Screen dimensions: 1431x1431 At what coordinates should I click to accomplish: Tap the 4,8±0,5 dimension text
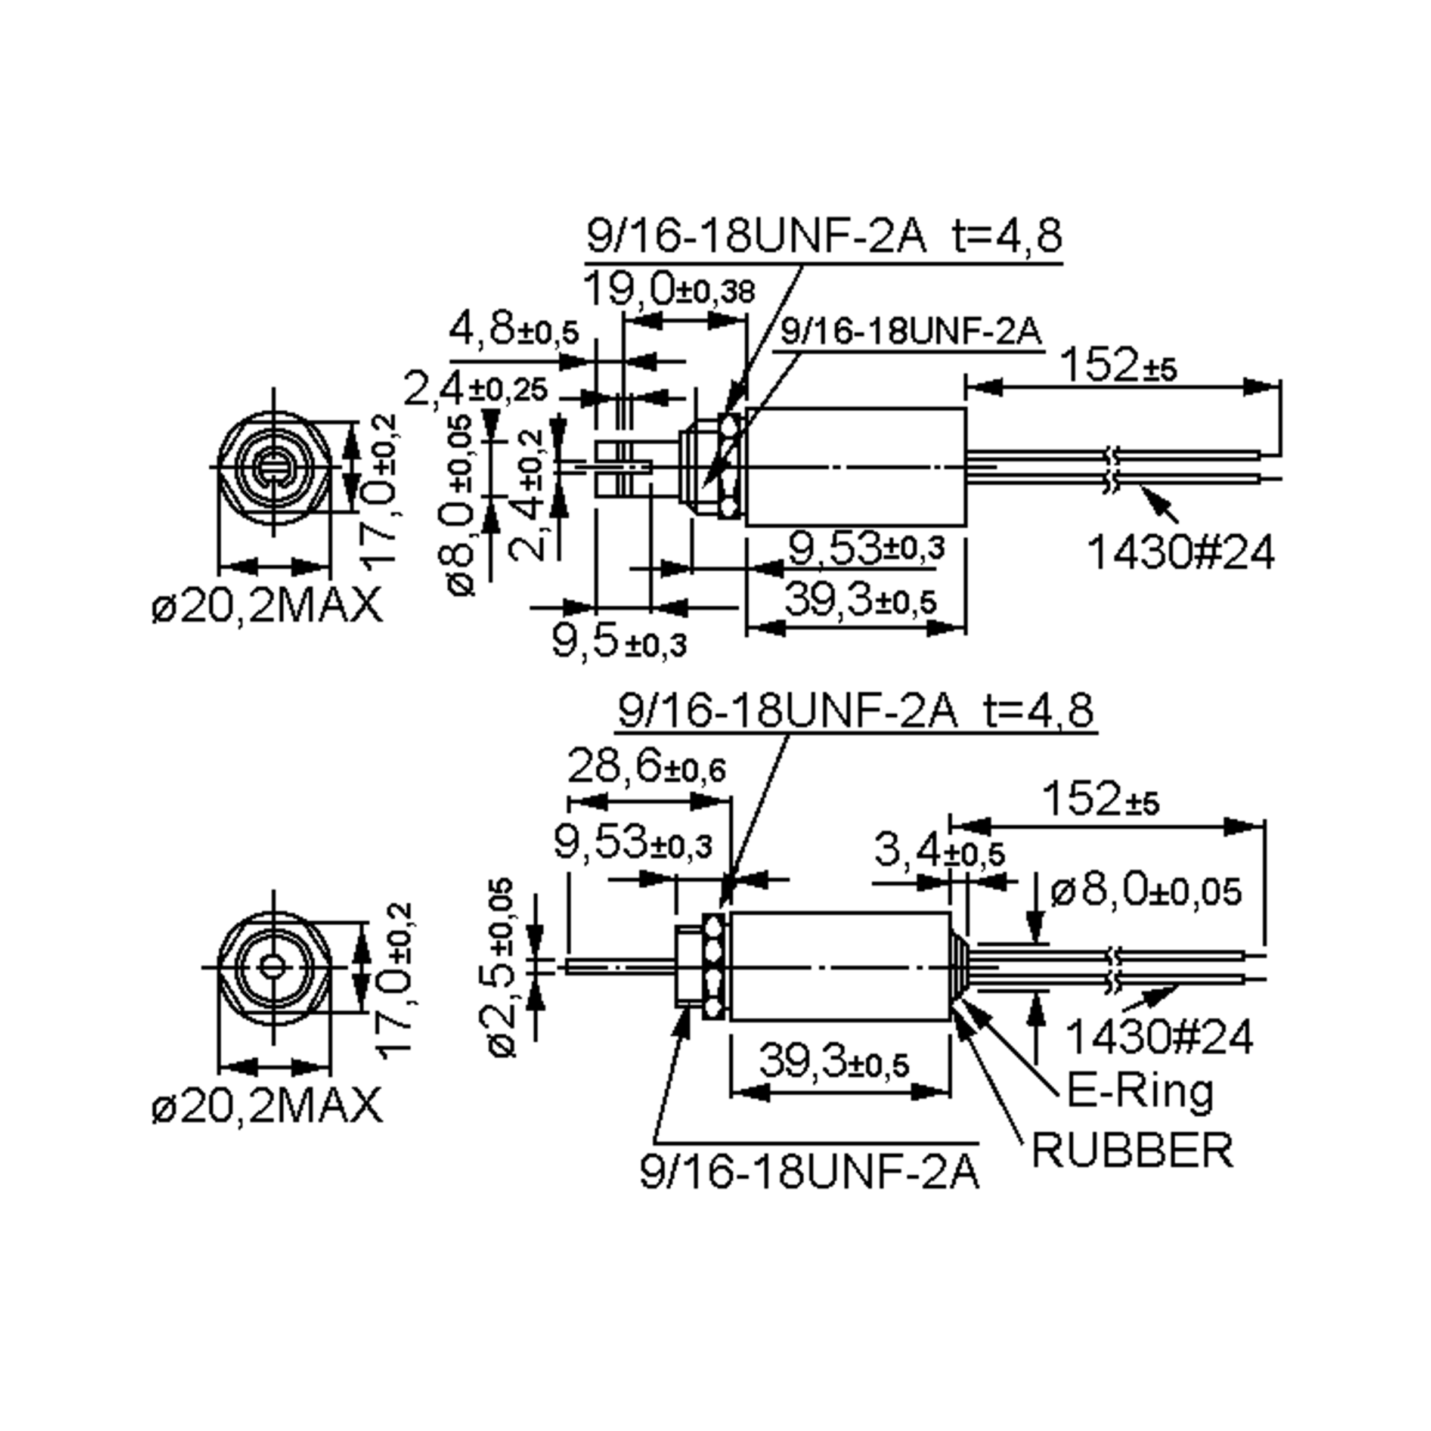coord(513,330)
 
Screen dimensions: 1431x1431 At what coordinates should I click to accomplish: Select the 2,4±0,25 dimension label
coord(475,389)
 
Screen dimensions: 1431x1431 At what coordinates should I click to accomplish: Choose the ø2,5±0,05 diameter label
coord(503,967)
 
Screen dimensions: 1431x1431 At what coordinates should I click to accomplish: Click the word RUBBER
coord(1132,1150)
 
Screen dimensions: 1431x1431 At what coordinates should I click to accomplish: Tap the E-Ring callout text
coord(1140,1091)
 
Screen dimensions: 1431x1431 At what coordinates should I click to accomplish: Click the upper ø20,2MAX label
coord(267,605)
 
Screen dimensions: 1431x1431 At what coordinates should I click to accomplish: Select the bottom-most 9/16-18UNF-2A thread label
coord(810,1172)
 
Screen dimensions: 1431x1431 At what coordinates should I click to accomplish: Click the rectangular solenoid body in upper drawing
coord(856,467)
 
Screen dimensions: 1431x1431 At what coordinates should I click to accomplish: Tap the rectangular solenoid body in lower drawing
coord(840,967)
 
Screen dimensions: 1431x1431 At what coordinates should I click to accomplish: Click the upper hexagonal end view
coord(274,467)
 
